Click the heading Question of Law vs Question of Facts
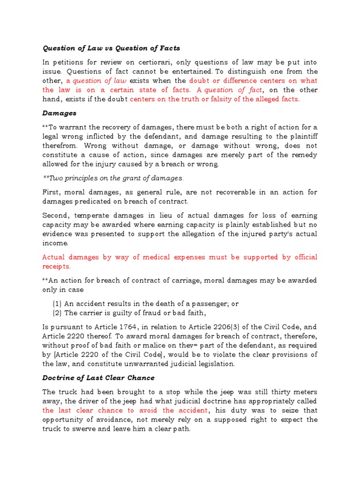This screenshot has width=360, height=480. click(x=111, y=48)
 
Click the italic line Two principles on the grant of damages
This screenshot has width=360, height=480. click(x=112, y=178)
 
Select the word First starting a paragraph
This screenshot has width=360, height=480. click(x=52, y=192)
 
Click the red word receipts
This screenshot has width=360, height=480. click(x=56, y=266)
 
